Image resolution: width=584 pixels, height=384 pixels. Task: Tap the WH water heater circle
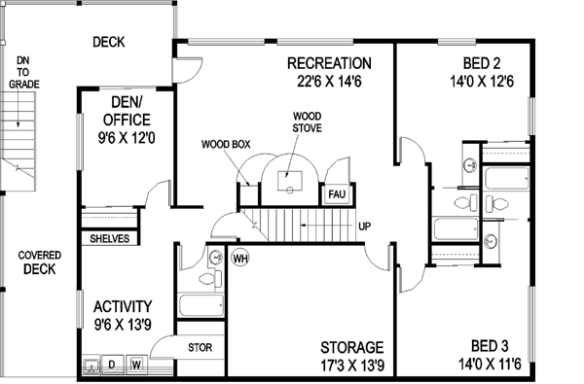coord(240,259)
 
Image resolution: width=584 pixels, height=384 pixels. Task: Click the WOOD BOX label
coord(226,144)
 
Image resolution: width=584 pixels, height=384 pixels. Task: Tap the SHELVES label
coord(110,238)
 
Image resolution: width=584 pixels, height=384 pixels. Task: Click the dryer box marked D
coord(112,366)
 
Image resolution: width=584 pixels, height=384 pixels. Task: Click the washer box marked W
coord(136,366)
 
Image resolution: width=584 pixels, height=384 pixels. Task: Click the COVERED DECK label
coord(38,262)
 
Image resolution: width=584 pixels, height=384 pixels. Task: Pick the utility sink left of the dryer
coord(91,367)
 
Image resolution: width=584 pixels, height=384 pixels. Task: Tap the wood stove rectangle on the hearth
coord(293,181)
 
